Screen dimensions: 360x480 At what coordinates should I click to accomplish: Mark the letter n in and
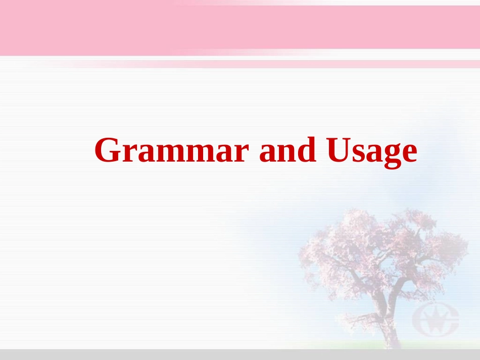(x=288, y=153)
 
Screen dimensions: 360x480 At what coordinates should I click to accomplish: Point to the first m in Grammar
(x=169, y=153)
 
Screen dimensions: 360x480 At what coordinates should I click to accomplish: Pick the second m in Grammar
(x=199, y=153)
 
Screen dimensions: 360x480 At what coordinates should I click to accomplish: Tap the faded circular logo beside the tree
(x=435, y=318)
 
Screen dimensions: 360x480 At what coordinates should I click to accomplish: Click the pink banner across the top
(x=240, y=28)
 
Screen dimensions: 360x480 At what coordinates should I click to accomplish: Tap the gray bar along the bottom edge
(x=240, y=354)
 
